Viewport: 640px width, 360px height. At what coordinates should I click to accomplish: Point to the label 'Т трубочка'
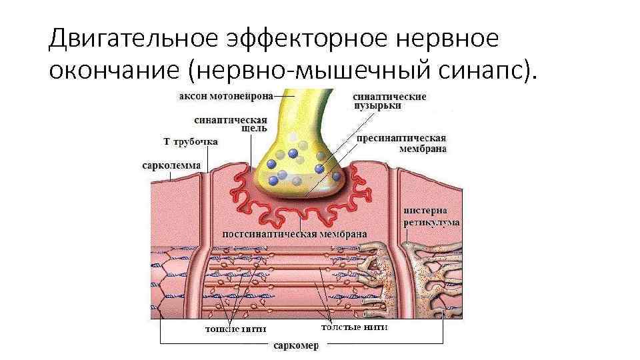pyautogui.click(x=172, y=141)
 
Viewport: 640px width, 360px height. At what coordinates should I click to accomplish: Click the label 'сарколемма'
pyautogui.click(x=171, y=165)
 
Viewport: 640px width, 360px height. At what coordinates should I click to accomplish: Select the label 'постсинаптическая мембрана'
pyautogui.click(x=294, y=235)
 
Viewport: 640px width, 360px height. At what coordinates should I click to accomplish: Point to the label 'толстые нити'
pyautogui.click(x=354, y=327)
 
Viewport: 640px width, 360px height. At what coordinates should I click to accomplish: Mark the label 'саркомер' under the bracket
pyautogui.click(x=295, y=345)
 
